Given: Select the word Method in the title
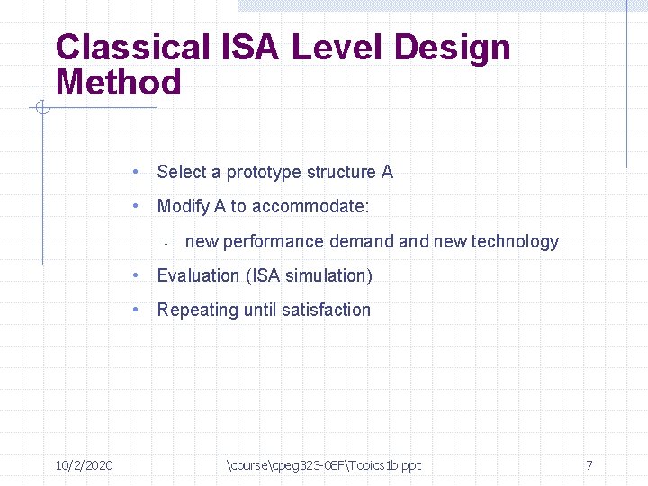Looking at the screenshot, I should (x=118, y=83).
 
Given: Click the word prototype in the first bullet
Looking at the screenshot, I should (x=264, y=172).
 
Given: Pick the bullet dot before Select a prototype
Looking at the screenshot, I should (x=133, y=172).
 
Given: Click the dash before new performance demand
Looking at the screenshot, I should (x=166, y=243).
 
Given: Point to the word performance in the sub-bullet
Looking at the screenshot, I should (x=274, y=241).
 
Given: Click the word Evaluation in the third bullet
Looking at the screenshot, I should (x=198, y=275).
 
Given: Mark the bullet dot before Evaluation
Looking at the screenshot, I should (x=133, y=275).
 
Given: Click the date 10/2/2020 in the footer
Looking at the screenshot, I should (x=84, y=465).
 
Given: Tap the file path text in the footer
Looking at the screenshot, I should (x=324, y=465).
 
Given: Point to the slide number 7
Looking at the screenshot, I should (x=589, y=465).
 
